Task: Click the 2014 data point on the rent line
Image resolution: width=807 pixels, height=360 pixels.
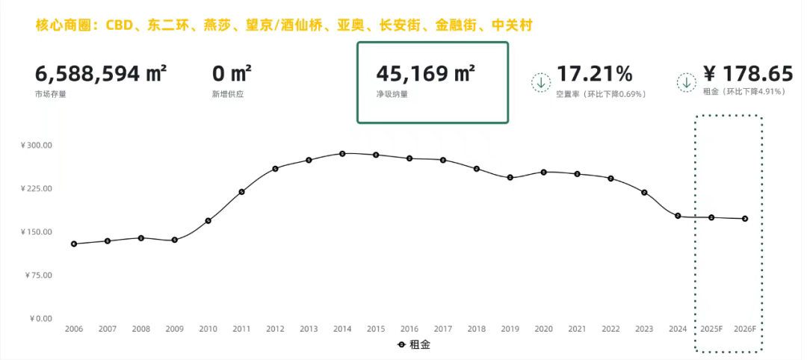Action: coord(342,154)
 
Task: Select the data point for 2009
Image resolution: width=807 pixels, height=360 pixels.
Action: coord(174,240)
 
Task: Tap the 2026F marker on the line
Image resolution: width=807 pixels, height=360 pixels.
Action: coord(745,219)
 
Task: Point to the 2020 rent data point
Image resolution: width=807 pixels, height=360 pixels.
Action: coord(544,172)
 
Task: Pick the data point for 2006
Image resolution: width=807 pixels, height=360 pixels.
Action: coord(74,244)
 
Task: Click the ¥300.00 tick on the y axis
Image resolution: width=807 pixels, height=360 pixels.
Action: coord(36,145)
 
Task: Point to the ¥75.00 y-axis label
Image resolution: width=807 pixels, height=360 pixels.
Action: coord(38,275)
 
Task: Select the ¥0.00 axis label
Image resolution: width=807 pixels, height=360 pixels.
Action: coord(40,318)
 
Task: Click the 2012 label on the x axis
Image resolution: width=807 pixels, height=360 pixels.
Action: coord(275,329)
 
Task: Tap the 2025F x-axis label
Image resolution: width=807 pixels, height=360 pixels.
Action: coord(711,329)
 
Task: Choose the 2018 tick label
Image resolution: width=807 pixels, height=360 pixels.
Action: coord(477,329)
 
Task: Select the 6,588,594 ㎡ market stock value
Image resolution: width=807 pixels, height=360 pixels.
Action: coord(101,74)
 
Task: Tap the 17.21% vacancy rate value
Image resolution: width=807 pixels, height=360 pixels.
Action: coord(594,74)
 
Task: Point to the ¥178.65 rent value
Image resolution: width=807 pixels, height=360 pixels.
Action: coord(748,74)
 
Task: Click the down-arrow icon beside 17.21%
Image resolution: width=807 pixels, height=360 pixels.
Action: coord(541,82)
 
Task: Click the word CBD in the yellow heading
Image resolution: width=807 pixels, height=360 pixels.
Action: coord(119,26)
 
